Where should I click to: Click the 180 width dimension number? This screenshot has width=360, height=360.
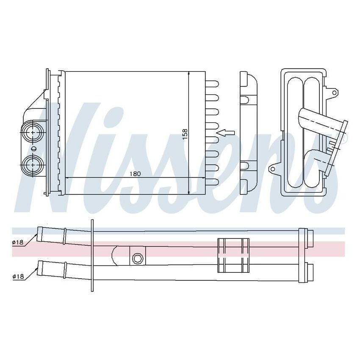[x=135, y=174]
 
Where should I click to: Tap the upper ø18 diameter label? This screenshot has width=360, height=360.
[x=18, y=242]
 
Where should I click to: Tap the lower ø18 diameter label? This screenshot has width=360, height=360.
[x=18, y=276]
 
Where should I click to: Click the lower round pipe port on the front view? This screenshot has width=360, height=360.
[x=33, y=164]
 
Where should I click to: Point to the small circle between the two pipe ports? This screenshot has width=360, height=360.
[x=33, y=149]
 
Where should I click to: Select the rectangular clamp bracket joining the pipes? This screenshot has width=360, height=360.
[x=233, y=255]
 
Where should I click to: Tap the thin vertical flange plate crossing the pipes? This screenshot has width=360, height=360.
[x=92, y=255]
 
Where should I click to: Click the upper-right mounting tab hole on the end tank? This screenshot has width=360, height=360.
[x=335, y=91]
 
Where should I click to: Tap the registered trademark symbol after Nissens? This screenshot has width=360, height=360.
[x=344, y=138]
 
